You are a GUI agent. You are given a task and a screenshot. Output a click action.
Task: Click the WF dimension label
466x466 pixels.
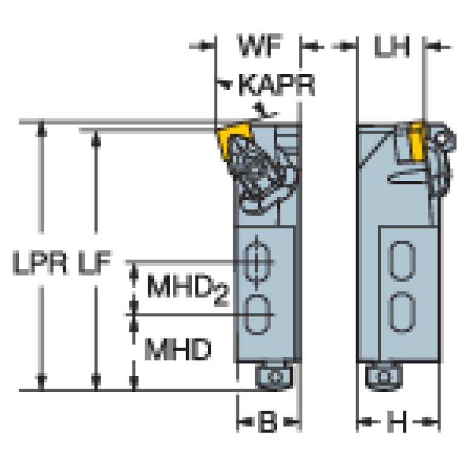pos(259,46)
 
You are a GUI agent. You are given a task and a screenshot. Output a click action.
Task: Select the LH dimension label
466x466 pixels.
pos(392,46)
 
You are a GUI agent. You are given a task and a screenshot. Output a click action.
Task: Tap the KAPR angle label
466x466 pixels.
pos(276,85)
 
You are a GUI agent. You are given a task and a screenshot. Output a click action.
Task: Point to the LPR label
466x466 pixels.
pos(40,262)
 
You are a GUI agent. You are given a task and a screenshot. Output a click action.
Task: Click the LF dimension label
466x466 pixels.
pos(95,262)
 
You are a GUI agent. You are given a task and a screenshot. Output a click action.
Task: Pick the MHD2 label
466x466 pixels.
pos(188,289)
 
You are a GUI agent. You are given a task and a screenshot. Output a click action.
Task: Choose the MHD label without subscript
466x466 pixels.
pos(178,349)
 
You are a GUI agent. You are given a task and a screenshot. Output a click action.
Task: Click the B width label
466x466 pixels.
pos(267,422)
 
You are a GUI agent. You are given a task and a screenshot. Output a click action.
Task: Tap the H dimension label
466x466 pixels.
pos(397,422)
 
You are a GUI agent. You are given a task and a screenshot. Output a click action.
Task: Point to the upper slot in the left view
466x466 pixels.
pos(257,261)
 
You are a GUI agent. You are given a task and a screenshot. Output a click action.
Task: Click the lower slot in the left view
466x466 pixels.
pos(257,315)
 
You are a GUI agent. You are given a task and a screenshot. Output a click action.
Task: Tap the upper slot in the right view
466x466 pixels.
pos(402,261)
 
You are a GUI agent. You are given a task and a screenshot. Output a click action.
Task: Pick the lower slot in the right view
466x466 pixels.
pos(402,312)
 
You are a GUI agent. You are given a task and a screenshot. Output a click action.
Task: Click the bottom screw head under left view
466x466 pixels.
pos(274,377)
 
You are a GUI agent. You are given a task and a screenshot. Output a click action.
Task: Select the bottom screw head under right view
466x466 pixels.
pos(384,377)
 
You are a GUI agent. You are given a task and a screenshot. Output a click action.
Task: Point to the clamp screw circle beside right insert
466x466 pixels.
pos(443,139)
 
